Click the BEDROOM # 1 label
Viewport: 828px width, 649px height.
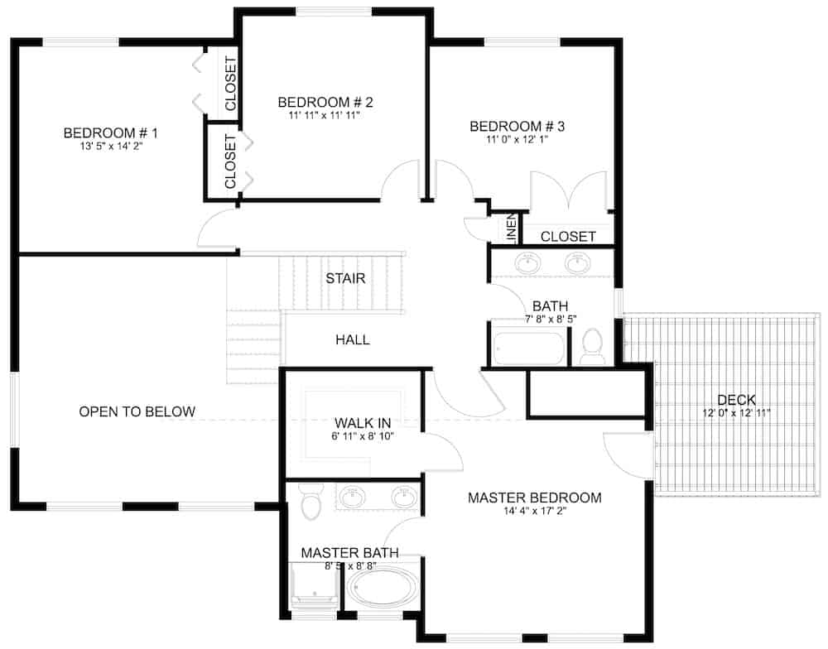(110, 132)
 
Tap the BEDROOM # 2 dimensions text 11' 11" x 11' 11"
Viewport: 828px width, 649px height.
(325, 116)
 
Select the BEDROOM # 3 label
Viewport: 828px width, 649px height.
(517, 127)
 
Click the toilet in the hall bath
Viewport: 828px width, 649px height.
(592, 349)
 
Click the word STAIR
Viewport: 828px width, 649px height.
(345, 278)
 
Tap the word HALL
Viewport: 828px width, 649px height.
(352, 339)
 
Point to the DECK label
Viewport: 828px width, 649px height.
(736, 400)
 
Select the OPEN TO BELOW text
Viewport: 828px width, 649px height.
(137, 411)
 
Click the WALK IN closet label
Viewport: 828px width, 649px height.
(357, 422)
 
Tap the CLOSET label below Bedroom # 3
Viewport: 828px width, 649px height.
(568, 237)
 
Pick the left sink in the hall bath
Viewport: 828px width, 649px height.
(527, 264)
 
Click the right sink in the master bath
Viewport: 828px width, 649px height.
(403, 498)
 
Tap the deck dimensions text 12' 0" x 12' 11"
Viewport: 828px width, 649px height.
(736, 413)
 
